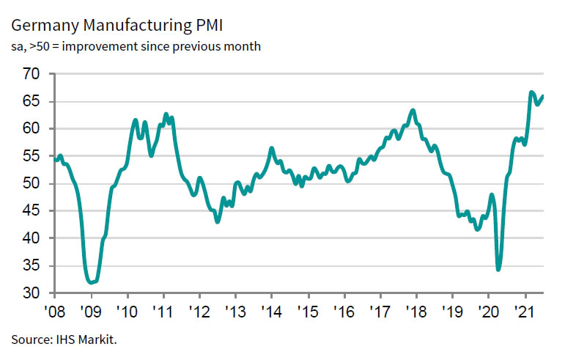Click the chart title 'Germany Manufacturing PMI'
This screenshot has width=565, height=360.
[x=117, y=27]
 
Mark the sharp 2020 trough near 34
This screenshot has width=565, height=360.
[x=498, y=269]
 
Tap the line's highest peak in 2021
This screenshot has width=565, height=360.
[x=531, y=92]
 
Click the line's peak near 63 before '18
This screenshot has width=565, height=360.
[x=413, y=111]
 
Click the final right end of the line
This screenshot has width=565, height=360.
[x=543, y=96]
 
